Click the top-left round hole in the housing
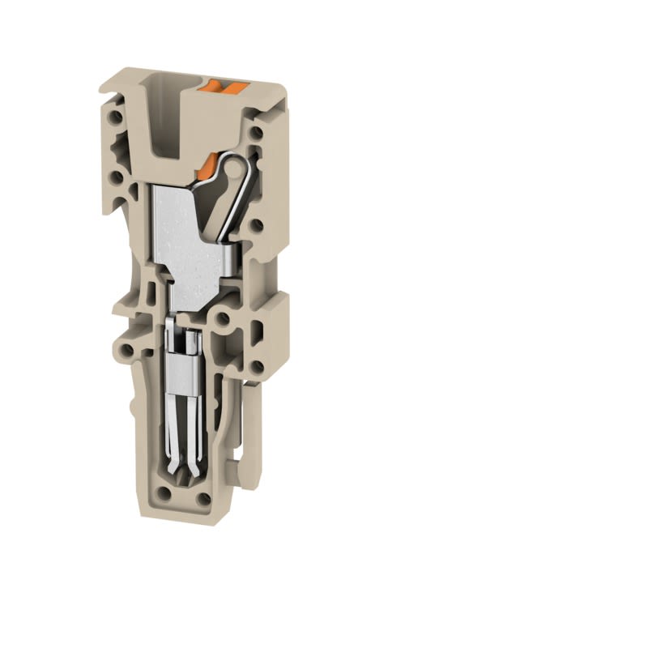[x=118, y=117]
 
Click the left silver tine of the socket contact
[x=176, y=429]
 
